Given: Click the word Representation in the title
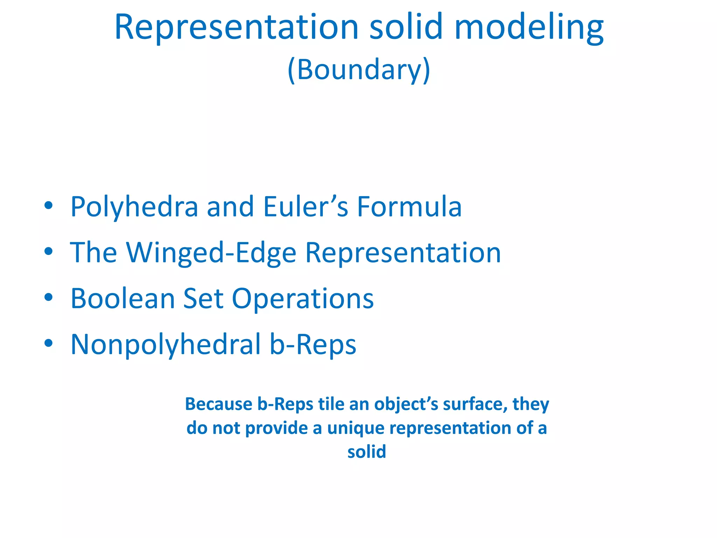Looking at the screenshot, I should coord(236,27).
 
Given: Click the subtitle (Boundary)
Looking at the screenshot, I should coord(358,70).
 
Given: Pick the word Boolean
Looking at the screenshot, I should coord(123,298).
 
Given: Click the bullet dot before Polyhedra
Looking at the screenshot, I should coord(49,206).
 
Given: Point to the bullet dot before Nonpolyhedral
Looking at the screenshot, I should coord(49,343).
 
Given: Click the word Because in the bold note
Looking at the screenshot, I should coord(218,404).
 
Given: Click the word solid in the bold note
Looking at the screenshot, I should coord(367,452).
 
